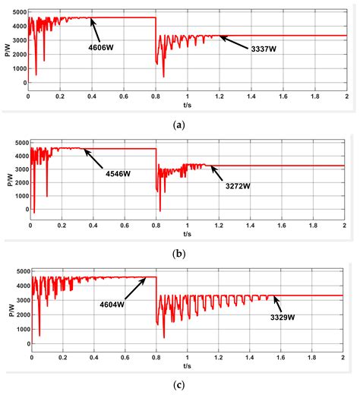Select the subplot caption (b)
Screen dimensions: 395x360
point(180,251)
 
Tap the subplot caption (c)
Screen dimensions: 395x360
point(180,386)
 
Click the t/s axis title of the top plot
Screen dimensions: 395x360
point(185,105)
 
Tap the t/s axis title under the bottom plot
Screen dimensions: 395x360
point(185,364)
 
